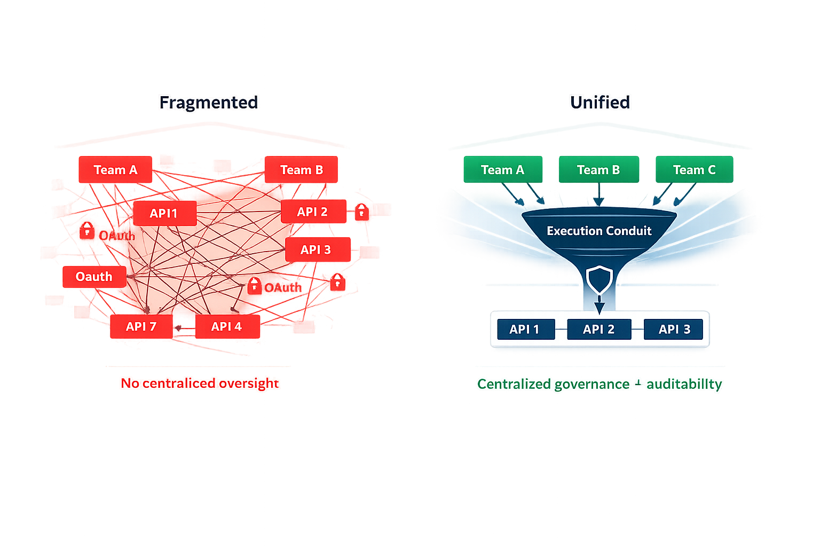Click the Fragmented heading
point(209,102)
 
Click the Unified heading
point(600,102)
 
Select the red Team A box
point(115,170)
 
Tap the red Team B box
point(302,170)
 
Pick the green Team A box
point(502,170)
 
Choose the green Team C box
point(694,170)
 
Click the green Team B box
point(598,170)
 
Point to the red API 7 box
point(141,326)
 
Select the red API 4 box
point(227,326)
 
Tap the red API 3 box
point(317,249)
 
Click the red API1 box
point(164,214)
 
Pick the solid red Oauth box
point(94,277)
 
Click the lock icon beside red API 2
point(362,212)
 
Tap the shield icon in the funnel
point(599,279)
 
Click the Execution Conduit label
point(599,231)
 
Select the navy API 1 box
point(525,329)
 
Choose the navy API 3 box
point(674,329)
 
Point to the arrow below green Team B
point(599,195)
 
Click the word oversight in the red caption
point(249,384)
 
